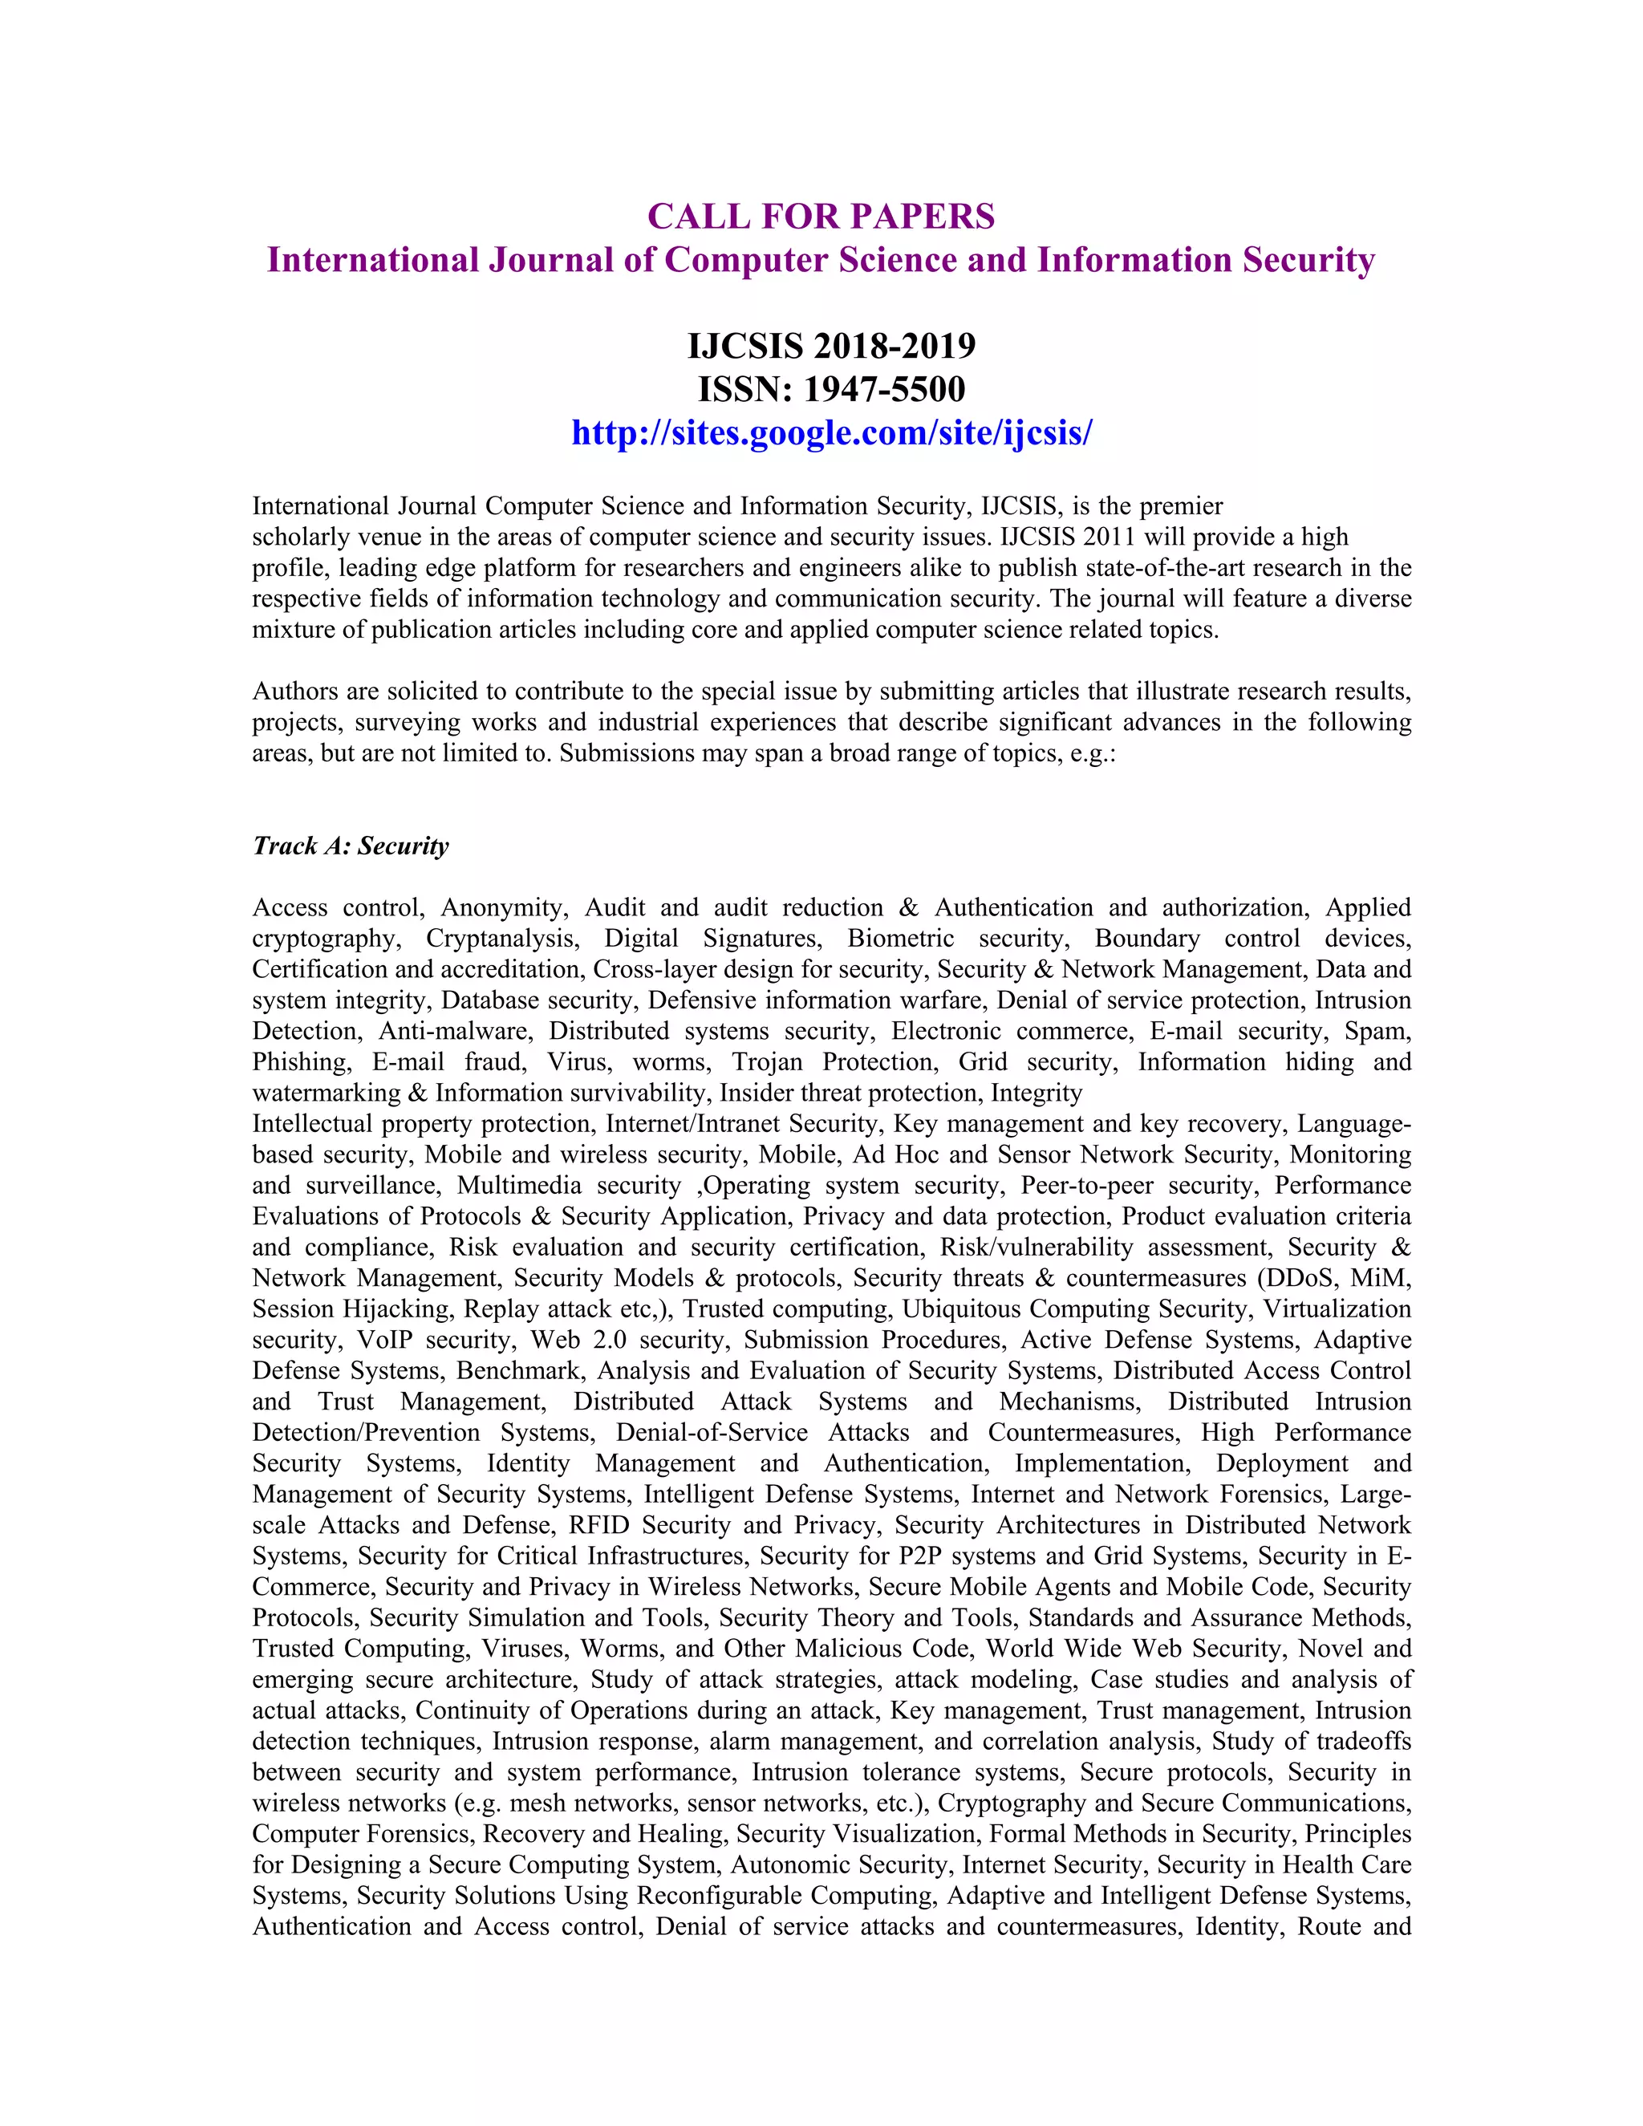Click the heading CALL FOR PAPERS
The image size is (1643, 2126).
point(821,216)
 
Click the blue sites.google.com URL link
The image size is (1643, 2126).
point(831,432)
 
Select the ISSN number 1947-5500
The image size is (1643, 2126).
point(884,389)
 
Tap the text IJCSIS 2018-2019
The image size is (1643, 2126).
point(831,346)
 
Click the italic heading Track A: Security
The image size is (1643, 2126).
point(351,845)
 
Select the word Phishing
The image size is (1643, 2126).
point(301,1062)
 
